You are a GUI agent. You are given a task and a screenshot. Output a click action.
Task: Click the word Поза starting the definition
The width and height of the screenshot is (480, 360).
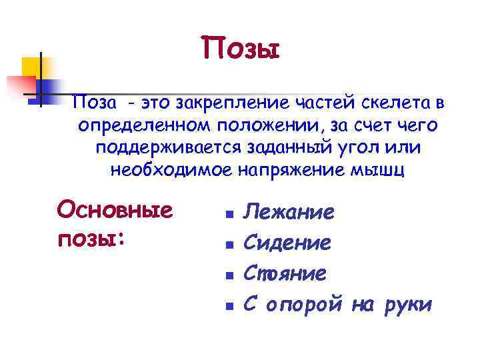tap(95, 103)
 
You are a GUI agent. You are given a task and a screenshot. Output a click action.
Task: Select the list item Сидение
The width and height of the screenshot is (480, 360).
tap(287, 243)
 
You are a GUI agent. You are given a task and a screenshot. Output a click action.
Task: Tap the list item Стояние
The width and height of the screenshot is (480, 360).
tap(285, 273)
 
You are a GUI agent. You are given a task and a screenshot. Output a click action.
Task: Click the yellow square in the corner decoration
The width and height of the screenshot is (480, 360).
tap(31, 67)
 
